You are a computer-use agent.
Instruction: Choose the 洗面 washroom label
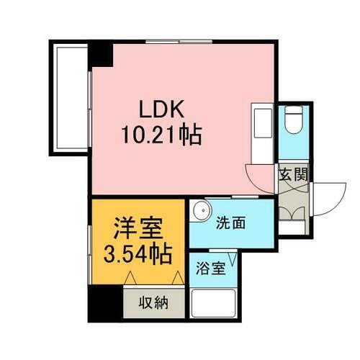[x=231, y=223]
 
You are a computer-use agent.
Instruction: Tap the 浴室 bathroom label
[x=211, y=270]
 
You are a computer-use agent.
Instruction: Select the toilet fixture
[x=294, y=122]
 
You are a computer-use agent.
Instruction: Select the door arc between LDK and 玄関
[x=258, y=176]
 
